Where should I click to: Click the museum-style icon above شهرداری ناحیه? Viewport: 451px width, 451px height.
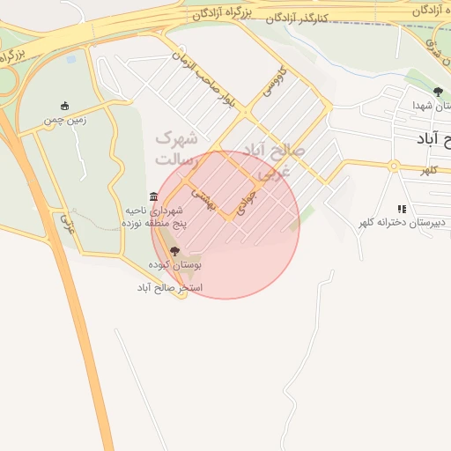pyautogui.click(x=154, y=196)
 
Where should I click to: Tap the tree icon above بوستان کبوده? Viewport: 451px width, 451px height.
pyautogui.click(x=174, y=251)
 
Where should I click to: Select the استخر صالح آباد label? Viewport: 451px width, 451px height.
pyautogui.click(x=170, y=288)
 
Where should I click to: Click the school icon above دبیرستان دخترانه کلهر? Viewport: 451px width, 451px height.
pyautogui.click(x=402, y=209)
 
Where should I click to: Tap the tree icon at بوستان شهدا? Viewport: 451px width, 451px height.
pyautogui.click(x=438, y=92)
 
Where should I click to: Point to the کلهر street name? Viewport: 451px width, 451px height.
pyautogui.click(x=429, y=169)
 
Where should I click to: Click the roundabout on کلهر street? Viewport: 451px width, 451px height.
pyautogui.click(x=395, y=165)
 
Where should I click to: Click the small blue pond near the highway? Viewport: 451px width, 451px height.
pyautogui.click(x=70, y=59)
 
